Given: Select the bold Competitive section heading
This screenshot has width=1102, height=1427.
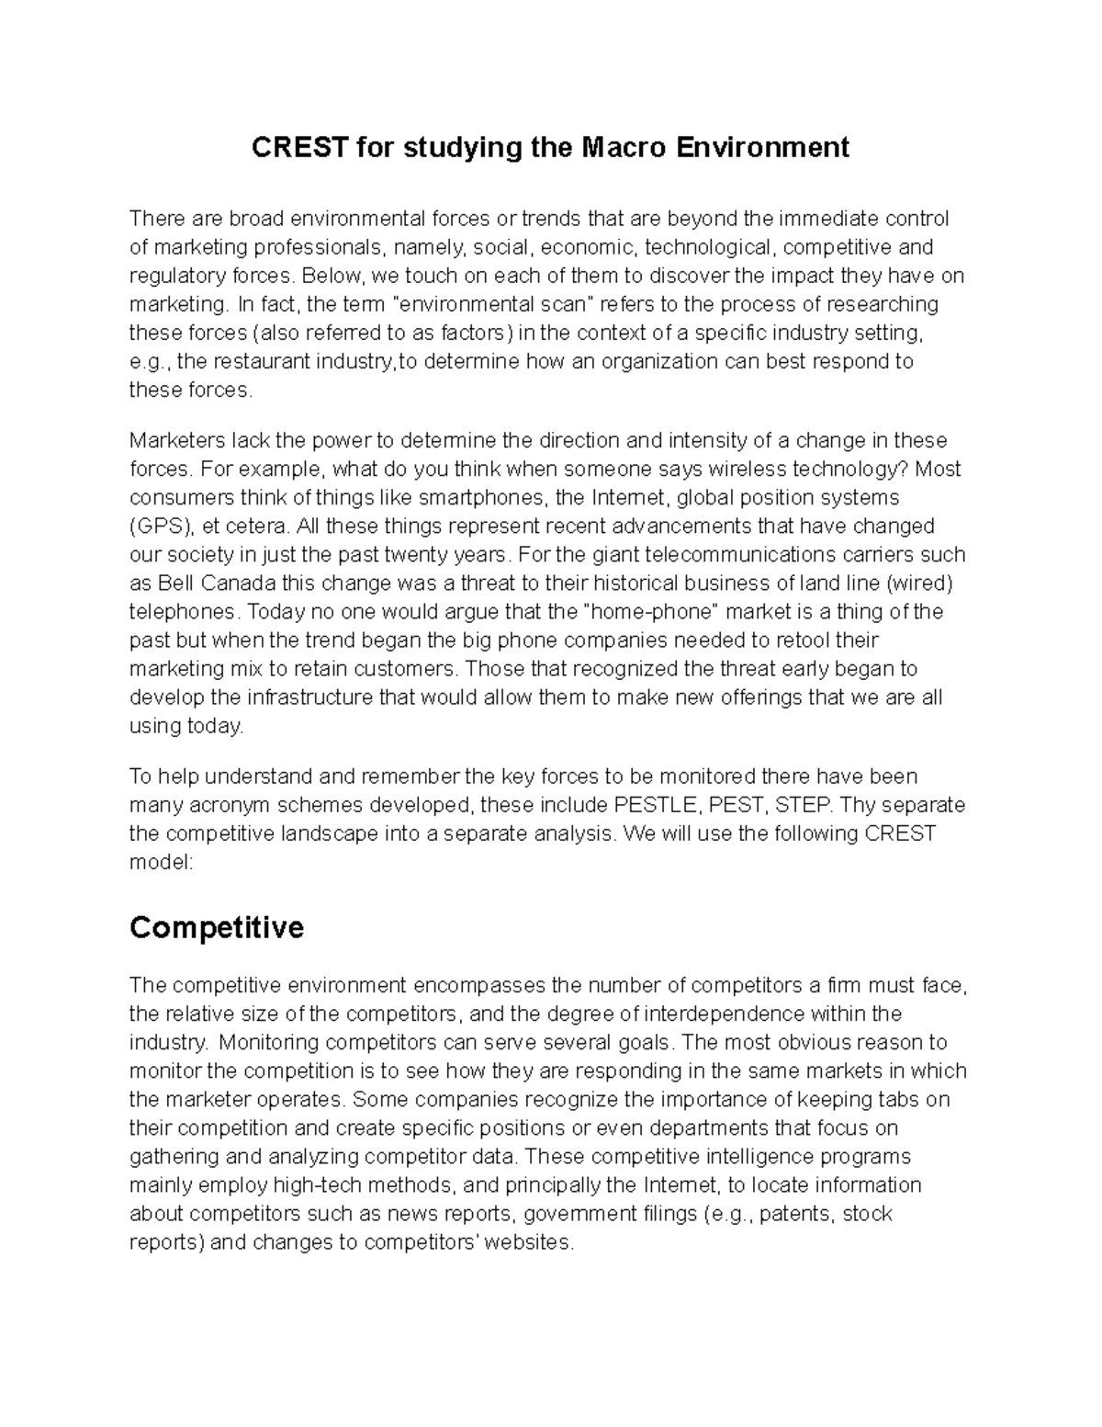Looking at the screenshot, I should (x=217, y=928).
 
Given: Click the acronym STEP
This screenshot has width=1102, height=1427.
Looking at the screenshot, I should (x=804, y=806).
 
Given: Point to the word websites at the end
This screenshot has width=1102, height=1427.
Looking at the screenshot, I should (x=527, y=1242).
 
